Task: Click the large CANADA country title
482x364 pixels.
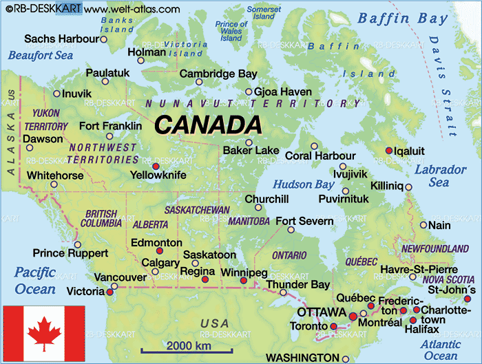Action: (208, 125)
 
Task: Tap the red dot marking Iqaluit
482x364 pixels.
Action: (389, 150)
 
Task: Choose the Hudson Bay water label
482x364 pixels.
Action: (304, 184)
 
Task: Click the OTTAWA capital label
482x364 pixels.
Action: (321, 312)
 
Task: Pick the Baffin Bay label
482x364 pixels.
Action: (402, 19)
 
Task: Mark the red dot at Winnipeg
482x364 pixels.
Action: (243, 281)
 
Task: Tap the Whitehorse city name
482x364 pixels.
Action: (56, 175)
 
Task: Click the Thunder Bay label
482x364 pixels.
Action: (298, 284)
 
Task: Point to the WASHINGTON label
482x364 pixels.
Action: (302, 358)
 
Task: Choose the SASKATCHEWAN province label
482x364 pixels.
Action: (197, 209)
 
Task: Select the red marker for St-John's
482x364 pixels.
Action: (468, 299)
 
